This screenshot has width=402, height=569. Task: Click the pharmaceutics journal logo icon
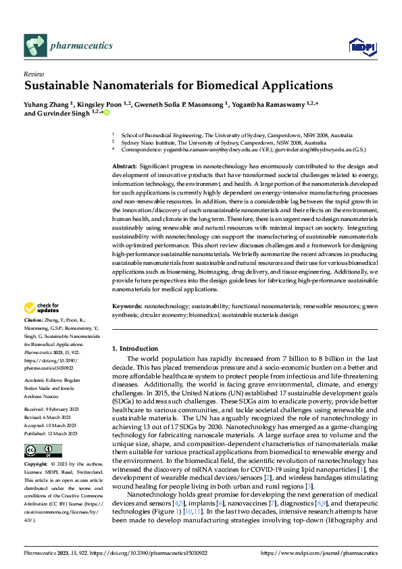point(36,45)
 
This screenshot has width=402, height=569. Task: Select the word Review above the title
point(33,74)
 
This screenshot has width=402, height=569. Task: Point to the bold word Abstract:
point(124,166)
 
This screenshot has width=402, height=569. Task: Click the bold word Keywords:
point(126,306)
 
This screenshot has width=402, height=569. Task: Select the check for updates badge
point(42,307)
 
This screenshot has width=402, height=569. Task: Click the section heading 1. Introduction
point(135,348)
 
